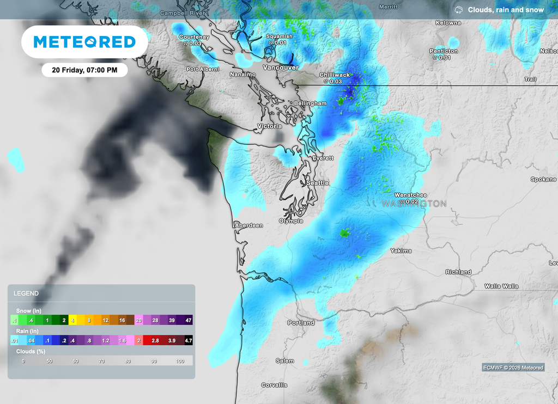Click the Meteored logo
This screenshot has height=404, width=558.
84,42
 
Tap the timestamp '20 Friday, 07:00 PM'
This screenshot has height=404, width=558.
85,70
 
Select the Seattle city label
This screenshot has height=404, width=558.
317,183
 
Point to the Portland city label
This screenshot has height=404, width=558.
301,323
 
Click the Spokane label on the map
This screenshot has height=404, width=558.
543,179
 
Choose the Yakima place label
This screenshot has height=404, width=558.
401,251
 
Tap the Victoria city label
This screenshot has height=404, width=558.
270,126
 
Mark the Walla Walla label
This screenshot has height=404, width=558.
501,286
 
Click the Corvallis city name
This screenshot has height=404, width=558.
274,385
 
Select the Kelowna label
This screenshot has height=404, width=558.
448,23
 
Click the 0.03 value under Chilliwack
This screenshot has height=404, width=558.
334,82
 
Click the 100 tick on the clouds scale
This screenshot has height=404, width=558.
180,361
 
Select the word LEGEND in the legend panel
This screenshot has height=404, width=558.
26,293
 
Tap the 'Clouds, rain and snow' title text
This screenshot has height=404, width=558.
505,10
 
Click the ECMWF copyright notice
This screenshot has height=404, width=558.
513,368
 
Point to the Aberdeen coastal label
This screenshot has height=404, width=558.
248,225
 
